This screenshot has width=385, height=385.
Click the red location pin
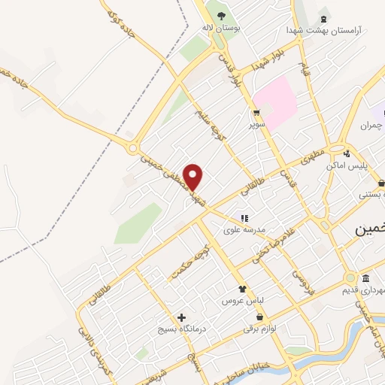[x=194, y=176]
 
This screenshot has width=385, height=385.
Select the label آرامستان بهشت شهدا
[x=323, y=30]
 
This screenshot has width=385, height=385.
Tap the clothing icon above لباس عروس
[x=242, y=289]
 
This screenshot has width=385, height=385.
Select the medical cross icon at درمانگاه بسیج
[x=181, y=317]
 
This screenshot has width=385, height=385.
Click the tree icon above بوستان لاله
[x=220, y=15]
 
